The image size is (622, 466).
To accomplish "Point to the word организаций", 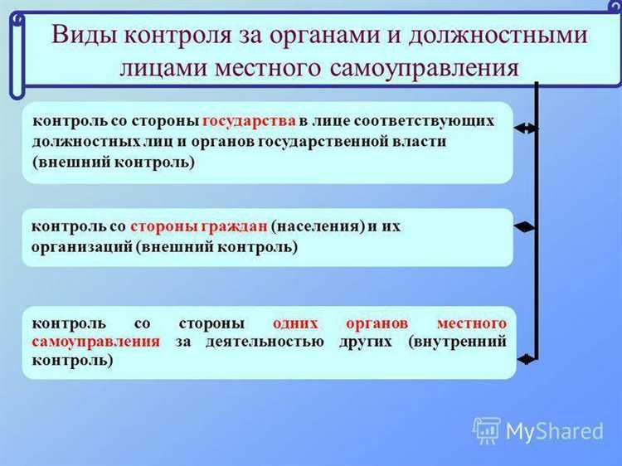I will (81, 247).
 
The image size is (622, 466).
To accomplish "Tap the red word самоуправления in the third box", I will (96, 341).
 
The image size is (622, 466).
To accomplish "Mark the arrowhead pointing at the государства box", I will (522, 128).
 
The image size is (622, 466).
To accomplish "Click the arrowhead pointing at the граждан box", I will (522, 226).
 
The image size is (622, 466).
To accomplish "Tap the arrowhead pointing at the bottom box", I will (524, 358).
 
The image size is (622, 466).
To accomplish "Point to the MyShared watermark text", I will (555, 432).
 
